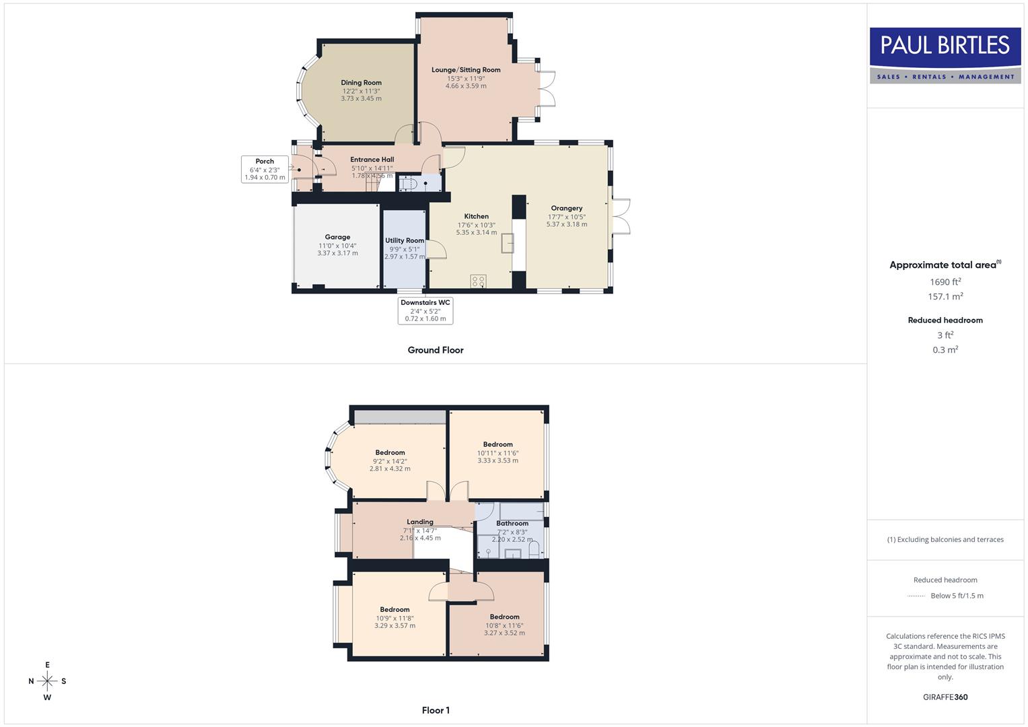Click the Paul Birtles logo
pos(945,55)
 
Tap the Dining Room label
pos(361,83)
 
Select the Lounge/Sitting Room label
pos(466,70)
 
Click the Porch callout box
pos(265,169)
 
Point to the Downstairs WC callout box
pos(425,310)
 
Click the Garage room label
pos(337,237)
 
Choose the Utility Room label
pos(405,240)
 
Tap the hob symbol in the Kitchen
pos(478,281)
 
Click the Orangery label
pos(566,208)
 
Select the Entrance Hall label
pos(372,160)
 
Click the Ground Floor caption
pos(436,350)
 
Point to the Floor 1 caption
pos(436,710)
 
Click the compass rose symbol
pos(47,681)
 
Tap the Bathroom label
pos(512,523)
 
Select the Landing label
pos(419,522)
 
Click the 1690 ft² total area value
pos(945,282)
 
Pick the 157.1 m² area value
pos(945,297)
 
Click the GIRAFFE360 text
pos(945,697)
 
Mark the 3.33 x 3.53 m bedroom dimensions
pos(498,461)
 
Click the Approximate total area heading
pos(945,265)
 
